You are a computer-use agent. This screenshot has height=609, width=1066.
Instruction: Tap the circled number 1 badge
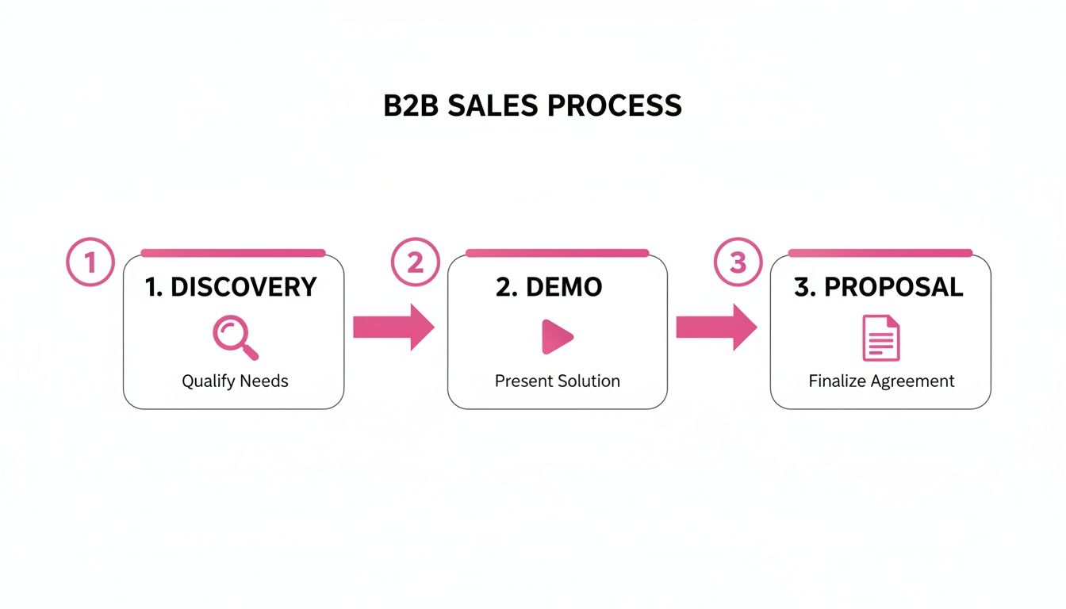(x=90, y=262)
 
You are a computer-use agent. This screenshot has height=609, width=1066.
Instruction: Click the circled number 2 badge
(x=415, y=262)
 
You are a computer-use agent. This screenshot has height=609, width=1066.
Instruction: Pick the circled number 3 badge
(x=738, y=262)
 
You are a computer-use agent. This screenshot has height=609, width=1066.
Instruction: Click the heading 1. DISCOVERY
(x=231, y=287)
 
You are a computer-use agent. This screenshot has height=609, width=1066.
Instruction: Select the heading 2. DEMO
(x=549, y=287)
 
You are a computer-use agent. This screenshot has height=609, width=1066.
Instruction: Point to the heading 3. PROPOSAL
(x=878, y=287)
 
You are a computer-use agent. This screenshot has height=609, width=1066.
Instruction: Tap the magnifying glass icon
(x=235, y=337)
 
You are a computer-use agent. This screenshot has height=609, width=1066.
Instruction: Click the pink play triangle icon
(x=557, y=337)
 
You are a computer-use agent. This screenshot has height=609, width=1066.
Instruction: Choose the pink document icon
(x=880, y=338)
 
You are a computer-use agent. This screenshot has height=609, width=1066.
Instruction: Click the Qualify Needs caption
(x=235, y=381)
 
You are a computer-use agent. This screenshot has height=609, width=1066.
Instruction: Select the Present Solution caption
(x=557, y=381)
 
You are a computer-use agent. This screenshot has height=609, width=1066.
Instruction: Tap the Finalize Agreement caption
(x=881, y=381)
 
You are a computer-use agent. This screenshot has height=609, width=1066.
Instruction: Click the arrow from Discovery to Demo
(x=393, y=327)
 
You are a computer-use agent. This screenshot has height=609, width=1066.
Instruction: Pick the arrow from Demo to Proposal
(x=715, y=327)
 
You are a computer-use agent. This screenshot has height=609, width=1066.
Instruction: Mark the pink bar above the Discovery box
(x=232, y=253)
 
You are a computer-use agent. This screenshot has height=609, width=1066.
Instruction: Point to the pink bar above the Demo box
(x=557, y=253)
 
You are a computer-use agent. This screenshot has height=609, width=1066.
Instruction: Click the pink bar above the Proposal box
(x=880, y=253)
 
